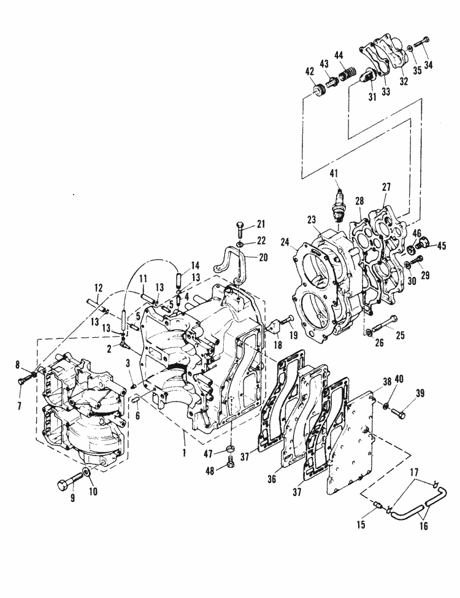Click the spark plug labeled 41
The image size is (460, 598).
click(337, 207)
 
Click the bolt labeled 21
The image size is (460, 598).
click(239, 230)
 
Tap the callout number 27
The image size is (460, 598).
click(386, 186)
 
